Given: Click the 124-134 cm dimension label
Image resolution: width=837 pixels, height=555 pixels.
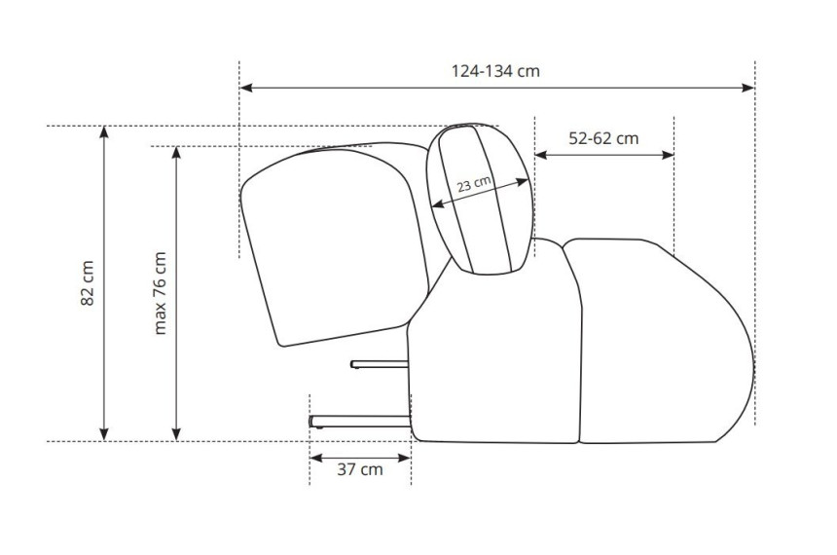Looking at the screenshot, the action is click(495, 71).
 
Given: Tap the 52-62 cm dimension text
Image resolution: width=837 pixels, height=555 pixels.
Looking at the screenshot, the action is click(603, 138).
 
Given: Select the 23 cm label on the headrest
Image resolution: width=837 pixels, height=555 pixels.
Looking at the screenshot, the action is click(474, 184).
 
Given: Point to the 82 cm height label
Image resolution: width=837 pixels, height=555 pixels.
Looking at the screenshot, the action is click(87, 283).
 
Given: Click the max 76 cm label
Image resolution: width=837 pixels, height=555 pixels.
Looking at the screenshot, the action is click(160, 293).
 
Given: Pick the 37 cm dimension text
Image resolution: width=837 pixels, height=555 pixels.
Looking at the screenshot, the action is click(360, 469).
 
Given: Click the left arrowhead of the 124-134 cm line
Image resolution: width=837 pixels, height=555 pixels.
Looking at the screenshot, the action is click(246, 88).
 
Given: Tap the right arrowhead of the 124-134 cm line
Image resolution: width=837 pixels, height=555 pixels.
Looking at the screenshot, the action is click(747, 88).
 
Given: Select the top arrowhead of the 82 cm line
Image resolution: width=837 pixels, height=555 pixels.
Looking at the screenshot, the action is click(104, 132).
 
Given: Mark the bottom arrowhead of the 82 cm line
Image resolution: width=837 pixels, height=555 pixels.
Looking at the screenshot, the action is click(104, 435).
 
